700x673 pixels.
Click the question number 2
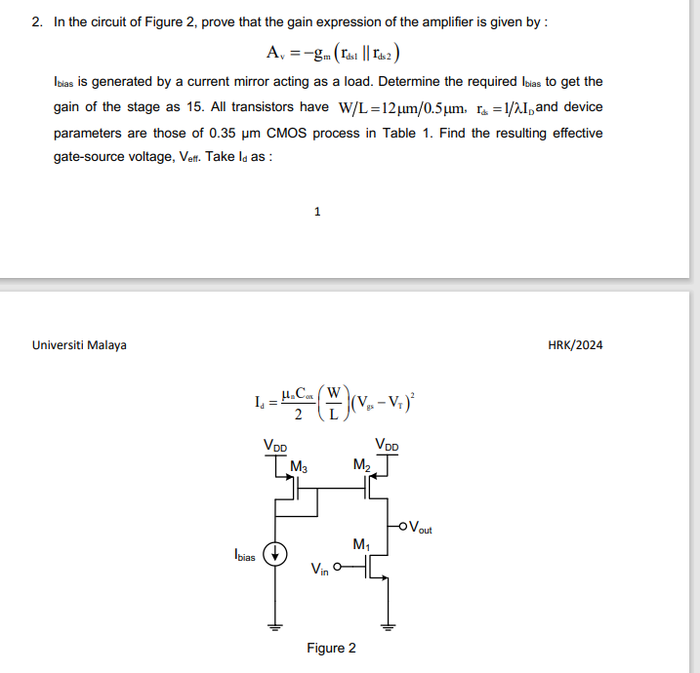(36, 21)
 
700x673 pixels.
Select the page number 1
(317, 211)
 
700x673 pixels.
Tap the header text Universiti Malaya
(79, 345)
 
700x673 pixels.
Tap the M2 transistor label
(362, 466)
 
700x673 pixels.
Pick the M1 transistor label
(362, 543)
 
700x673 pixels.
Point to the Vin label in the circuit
(319, 569)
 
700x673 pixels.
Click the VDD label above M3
(275, 446)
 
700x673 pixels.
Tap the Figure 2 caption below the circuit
(331, 648)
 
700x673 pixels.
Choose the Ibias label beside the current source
(244, 556)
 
